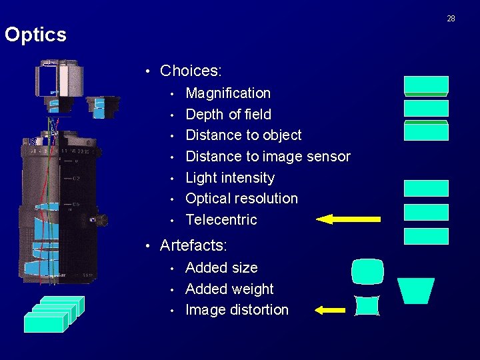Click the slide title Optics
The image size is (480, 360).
36,35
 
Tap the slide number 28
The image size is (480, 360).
451,18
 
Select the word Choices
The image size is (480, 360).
191,70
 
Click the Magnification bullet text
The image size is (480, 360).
228,93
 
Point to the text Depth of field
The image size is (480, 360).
228,114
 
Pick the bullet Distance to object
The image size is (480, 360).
243,135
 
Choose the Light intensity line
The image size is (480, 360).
230,177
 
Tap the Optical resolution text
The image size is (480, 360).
241,198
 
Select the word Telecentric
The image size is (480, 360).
221,219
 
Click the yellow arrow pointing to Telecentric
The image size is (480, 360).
348,219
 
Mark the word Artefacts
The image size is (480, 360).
193,245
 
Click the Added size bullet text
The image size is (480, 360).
221,267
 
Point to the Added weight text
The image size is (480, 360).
229,289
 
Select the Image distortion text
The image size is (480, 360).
237,309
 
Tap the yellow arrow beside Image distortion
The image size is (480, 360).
329,309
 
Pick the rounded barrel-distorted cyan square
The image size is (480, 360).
367,271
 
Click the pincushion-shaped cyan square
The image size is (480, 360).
367,305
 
